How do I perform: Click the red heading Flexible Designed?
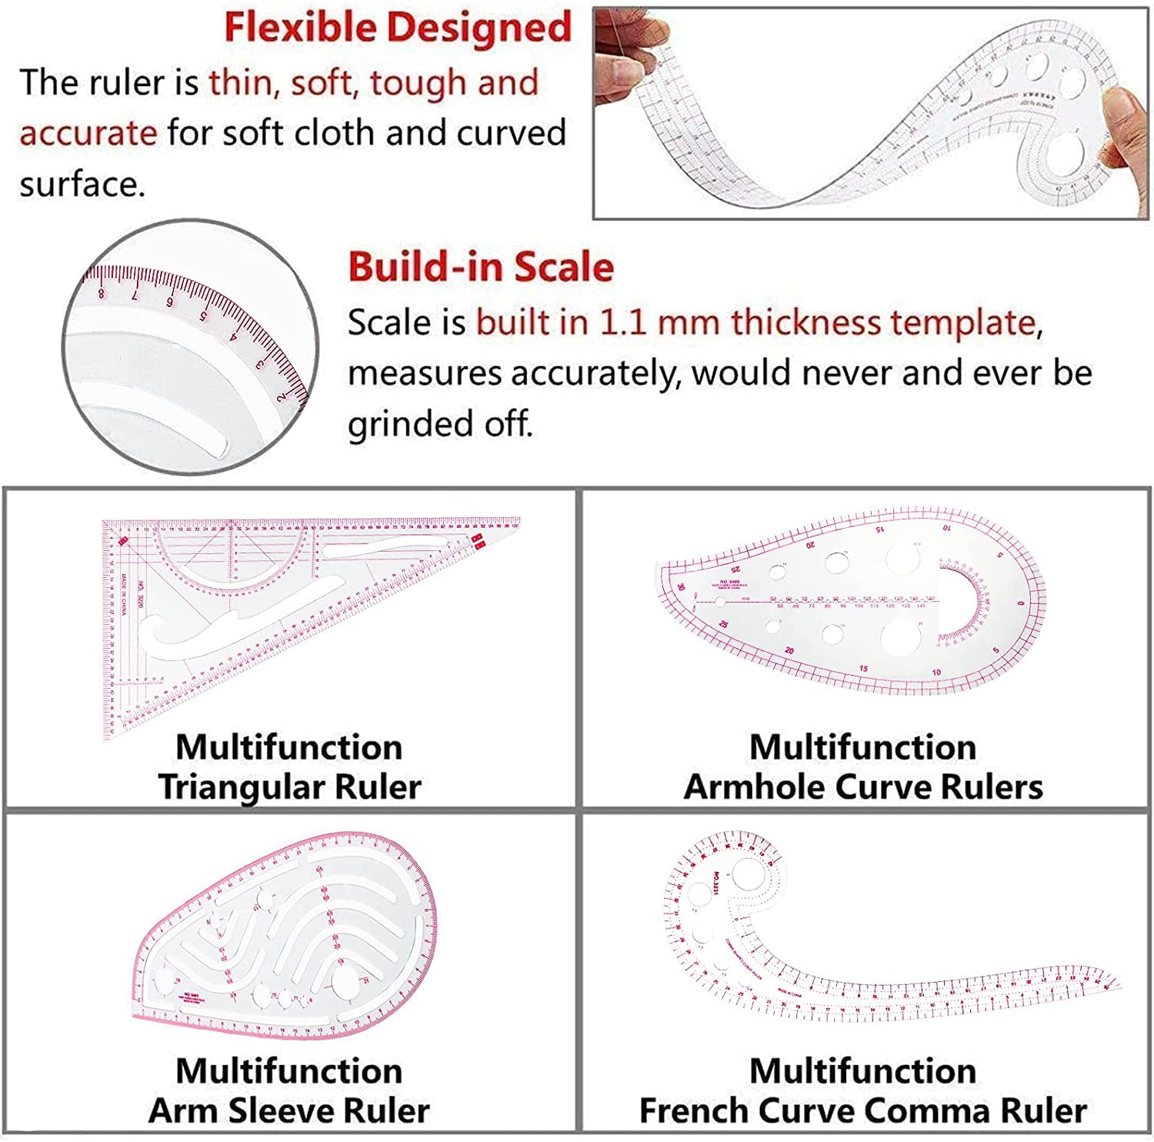[398, 28]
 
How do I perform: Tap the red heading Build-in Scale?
[481, 268]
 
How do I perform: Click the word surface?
[82, 185]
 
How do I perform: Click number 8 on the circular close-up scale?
[102, 293]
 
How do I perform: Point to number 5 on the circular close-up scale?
[204, 316]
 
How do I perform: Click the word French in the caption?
[692, 1110]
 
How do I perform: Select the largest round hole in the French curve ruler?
[745, 873]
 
